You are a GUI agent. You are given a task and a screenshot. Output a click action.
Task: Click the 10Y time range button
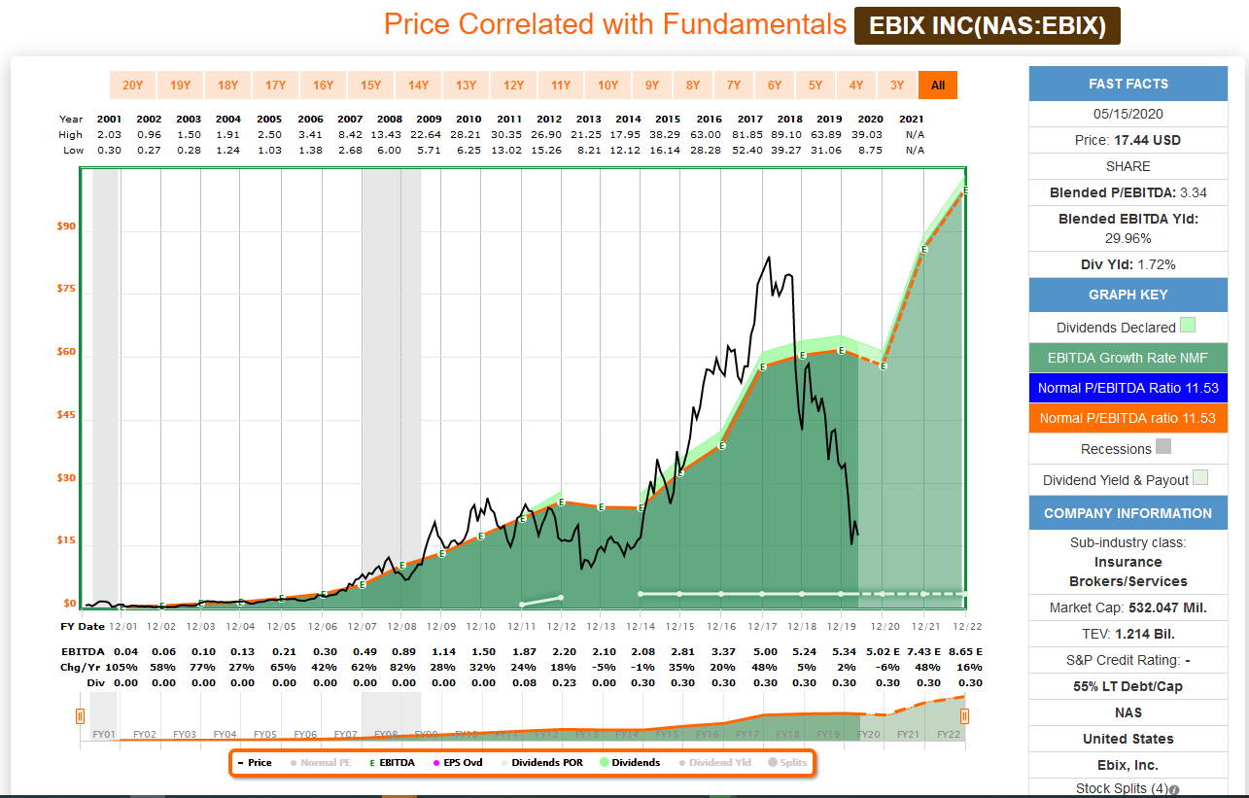coord(607,86)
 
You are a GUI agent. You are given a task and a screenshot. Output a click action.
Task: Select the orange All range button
coord(938,86)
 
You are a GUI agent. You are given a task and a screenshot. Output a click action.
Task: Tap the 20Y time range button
coord(133,86)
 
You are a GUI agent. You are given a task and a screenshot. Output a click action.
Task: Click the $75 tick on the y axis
coord(65,290)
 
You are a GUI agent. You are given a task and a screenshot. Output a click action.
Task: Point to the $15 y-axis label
coord(65,540)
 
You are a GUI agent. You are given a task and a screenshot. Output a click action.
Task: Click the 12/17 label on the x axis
coord(761,626)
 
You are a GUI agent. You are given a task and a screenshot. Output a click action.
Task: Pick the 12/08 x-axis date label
coord(401,626)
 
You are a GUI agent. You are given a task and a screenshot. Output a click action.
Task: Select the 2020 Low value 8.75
coord(870,150)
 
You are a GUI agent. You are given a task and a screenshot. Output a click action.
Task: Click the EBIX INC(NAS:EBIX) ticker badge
coord(987,26)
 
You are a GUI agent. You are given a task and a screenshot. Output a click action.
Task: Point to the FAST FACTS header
coord(1128,84)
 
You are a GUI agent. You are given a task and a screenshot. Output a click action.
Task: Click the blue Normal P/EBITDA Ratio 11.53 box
coord(1128,388)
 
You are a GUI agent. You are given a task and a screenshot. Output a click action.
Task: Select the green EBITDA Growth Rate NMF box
coord(1128,358)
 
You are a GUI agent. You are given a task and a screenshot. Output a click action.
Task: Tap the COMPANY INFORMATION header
coord(1128,513)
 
